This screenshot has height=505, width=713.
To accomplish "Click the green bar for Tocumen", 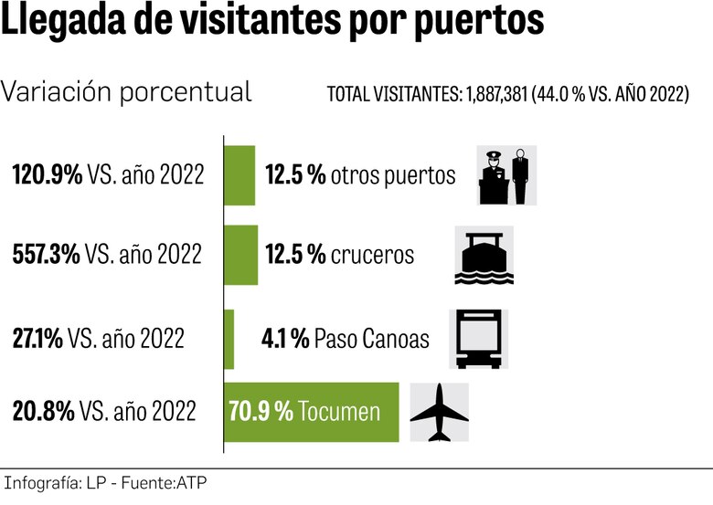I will [x=311, y=412].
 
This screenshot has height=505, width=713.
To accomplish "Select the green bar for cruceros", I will [x=241, y=255].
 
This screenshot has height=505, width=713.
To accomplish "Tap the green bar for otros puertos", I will [x=240, y=174].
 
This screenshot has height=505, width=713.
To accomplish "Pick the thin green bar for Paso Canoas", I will [x=229, y=339].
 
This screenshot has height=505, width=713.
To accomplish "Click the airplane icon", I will [x=439, y=413].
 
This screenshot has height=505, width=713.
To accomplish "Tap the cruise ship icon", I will [x=484, y=256].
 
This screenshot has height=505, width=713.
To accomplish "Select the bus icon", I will [x=478, y=339].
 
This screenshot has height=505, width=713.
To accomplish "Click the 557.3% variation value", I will [x=46, y=255].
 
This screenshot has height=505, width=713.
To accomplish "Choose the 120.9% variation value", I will [x=47, y=174].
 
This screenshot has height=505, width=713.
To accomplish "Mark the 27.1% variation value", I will [x=37, y=339].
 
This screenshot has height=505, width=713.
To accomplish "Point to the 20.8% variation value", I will [x=43, y=412].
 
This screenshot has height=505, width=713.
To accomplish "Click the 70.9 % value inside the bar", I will [x=261, y=412].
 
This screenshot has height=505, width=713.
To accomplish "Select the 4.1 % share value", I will [x=284, y=339].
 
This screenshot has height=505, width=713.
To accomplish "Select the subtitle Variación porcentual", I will [x=127, y=92].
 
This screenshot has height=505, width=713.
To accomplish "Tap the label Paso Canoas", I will [x=371, y=339].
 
